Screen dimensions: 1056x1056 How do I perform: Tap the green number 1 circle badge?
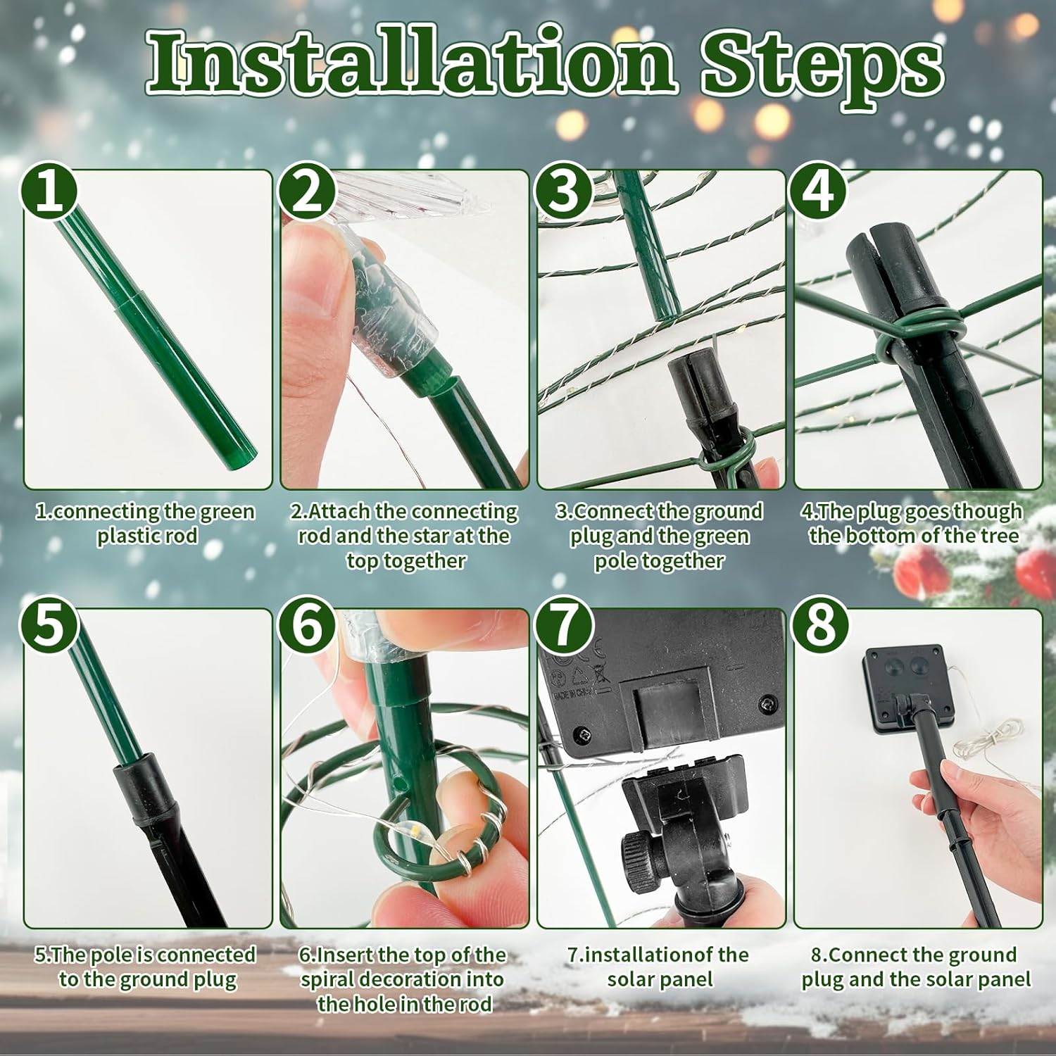tap(49, 191)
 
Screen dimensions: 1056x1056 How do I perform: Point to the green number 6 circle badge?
tap(306, 626)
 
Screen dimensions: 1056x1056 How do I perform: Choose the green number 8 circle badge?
tap(819, 626)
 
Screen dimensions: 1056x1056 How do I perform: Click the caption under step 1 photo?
tap(146, 523)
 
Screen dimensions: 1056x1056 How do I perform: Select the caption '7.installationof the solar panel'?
tap(659, 967)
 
